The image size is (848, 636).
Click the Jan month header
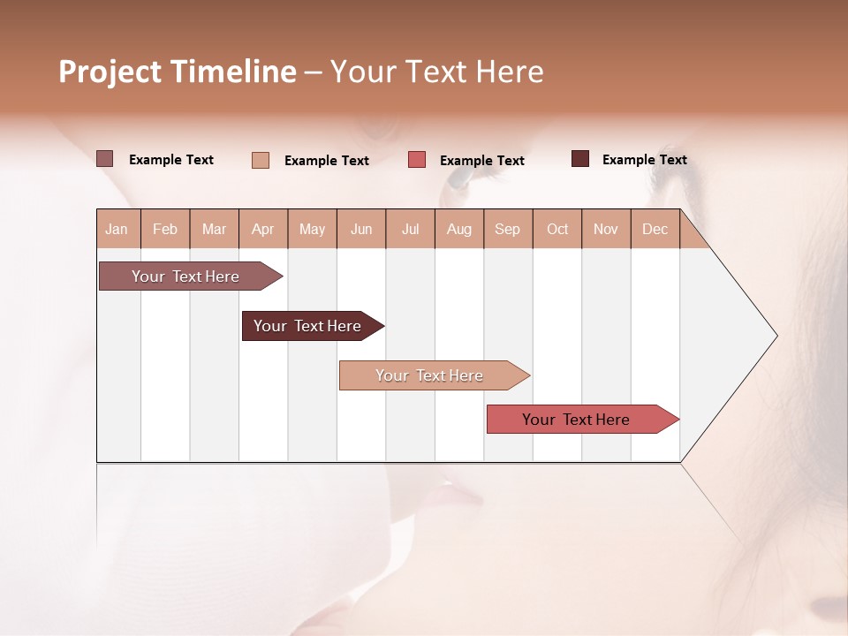point(117,229)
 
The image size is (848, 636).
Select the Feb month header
point(165,229)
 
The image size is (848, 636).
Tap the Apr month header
point(263,229)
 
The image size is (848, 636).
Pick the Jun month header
point(361,229)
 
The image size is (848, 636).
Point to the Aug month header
point(459,229)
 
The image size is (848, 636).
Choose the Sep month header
point(508,229)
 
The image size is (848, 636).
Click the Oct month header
point(557,229)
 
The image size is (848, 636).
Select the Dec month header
point(655,229)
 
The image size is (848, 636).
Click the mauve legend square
point(105,159)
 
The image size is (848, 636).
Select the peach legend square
point(261,160)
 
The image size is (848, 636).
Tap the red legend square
point(417,160)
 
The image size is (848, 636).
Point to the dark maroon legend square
point(580,159)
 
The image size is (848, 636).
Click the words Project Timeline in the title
point(178,72)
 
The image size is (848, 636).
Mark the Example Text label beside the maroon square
point(644,160)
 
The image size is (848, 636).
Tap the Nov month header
point(606,229)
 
